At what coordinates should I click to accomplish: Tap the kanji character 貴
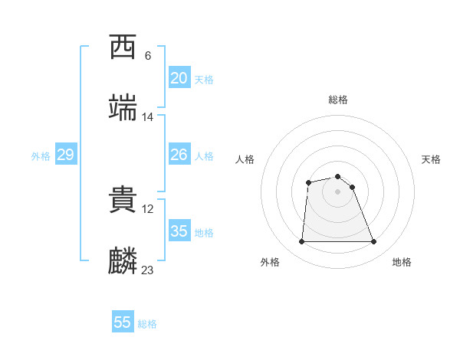point(123,200)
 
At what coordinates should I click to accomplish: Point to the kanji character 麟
point(123,261)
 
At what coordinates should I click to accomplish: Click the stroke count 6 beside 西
point(147,56)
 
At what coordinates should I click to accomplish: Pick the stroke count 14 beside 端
point(148,117)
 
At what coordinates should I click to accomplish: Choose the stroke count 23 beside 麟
point(148,270)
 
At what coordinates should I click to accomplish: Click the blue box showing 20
point(179,78)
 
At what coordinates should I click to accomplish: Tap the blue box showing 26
point(179,155)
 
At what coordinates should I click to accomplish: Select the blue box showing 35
point(179,231)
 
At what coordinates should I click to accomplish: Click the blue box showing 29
point(65,155)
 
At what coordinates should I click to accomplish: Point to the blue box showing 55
point(123,322)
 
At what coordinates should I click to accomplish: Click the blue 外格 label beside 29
point(41,156)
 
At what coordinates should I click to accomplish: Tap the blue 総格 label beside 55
point(147,324)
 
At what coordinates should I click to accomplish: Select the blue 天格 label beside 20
point(204,80)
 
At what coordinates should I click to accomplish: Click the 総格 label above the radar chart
point(338,100)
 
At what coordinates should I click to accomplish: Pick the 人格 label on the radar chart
point(245,159)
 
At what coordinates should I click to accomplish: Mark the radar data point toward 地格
point(374,242)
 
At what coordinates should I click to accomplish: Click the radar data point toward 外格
point(301,242)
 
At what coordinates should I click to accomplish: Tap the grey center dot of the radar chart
point(338,191)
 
